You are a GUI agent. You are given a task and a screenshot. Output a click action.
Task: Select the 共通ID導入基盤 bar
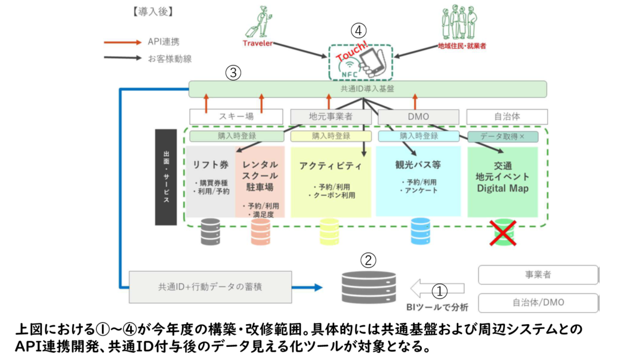(x=368, y=90)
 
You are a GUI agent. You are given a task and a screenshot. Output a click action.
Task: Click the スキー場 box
(x=237, y=116)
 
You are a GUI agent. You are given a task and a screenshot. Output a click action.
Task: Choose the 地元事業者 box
(x=331, y=116)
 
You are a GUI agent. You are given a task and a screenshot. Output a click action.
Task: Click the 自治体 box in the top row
(x=507, y=116)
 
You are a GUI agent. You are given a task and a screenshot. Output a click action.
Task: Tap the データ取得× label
(x=503, y=136)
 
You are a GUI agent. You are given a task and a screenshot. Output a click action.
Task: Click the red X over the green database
(x=502, y=232)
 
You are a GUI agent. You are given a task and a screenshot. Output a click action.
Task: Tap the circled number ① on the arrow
(x=439, y=290)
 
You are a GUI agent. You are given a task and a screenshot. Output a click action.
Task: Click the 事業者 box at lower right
(x=538, y=275)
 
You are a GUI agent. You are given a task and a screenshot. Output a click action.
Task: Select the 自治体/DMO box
(x=538, y=303)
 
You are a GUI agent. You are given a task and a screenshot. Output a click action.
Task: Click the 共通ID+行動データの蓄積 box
(x=211, y=287)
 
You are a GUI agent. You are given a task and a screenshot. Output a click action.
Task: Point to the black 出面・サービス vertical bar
(x=166, y=177)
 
